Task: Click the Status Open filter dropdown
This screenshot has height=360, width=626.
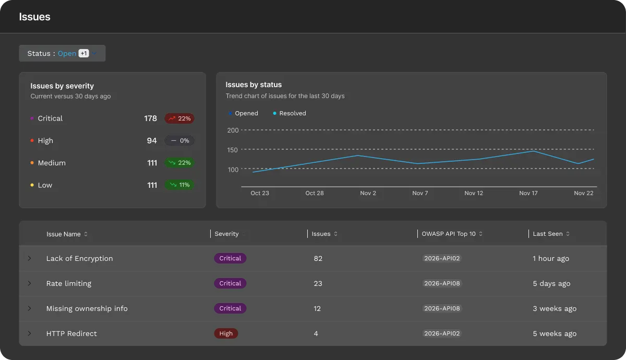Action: pyautogui.click(x=62, y=53)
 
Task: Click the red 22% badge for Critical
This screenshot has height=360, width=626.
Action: pyautogui.click(x=179, y=118)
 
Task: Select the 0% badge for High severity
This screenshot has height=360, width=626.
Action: pyautogui.click(x=179, y=141)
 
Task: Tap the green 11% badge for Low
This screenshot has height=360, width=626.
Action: pyautogui.click(x=179, y=185)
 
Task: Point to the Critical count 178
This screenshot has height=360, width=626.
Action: pyautogui.click(x=150, y=118)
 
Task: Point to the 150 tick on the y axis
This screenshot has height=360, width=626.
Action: pyautogui.click(x=233, y=150)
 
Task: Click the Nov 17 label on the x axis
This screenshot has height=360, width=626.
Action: pyautogui.click(x=528, y=193)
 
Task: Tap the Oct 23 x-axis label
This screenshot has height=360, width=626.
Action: pyautogui.click(x=260, y=193)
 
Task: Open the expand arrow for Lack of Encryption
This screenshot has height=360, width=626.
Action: pyautogui.click(x=29, y=258)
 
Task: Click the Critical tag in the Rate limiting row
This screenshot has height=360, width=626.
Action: pyautogui.click(x=230, y=284)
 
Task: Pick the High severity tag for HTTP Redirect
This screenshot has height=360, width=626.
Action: pyautogui.click(x=226, y=334)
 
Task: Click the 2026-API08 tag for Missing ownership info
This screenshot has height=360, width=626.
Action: pyautogui.click(x=442, y=309)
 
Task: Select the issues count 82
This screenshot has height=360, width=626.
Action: pyautogui.click(x=318, y=259)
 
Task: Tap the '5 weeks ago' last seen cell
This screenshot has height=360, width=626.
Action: pyautogui.click(x=555, y=334)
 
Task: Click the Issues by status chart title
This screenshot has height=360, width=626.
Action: pyautogui.click(x=254, y=85)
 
